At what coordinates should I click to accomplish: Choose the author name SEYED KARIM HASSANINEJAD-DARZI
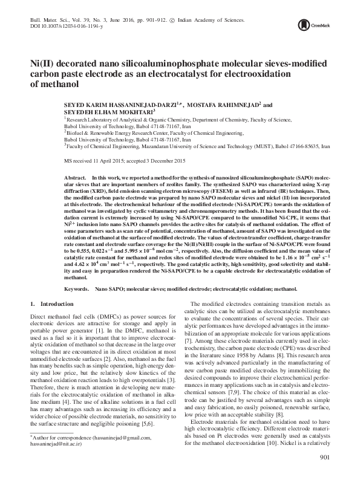point(123,103)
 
